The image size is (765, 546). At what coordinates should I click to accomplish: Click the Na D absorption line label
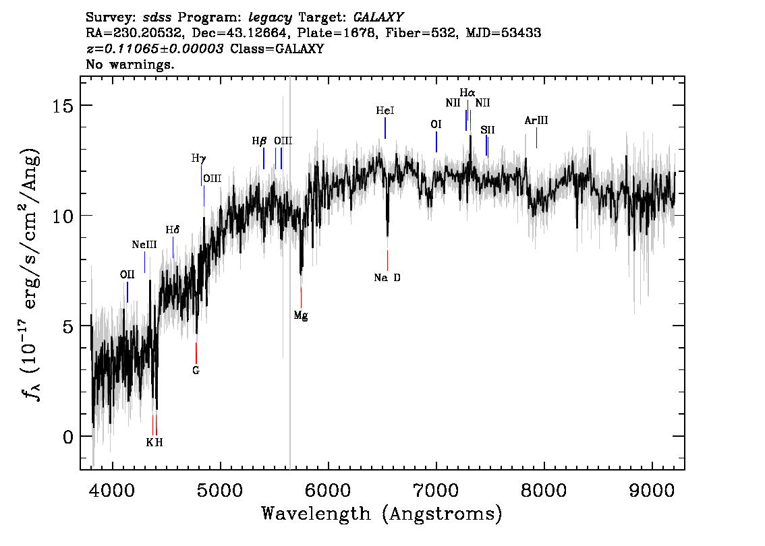(387, 277)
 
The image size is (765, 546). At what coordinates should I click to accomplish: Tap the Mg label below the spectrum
(301, 315)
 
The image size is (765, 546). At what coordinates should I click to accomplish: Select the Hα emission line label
(468, 92)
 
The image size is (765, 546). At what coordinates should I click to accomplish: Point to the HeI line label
(385, 110)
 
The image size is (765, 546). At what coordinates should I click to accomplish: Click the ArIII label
(536, 121)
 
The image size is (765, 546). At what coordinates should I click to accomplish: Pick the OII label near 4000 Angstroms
(127, 274)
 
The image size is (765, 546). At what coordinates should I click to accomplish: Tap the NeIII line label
(144, 245)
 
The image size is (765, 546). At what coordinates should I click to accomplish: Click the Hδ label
(173, 230)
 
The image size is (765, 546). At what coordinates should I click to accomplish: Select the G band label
(196, 370)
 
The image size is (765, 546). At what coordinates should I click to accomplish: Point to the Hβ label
(260, 141)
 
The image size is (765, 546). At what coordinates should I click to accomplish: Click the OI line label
(436, 124)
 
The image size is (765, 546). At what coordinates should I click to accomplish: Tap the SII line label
(487, 129)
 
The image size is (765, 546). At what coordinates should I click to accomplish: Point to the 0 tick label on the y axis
(68, 437)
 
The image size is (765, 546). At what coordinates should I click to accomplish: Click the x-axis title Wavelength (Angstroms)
(382, 514)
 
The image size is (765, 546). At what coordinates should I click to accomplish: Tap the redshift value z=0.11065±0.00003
(155, 49)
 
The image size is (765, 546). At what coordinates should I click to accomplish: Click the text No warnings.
(130, 65)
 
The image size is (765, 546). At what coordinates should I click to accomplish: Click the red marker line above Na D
(387, 260)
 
